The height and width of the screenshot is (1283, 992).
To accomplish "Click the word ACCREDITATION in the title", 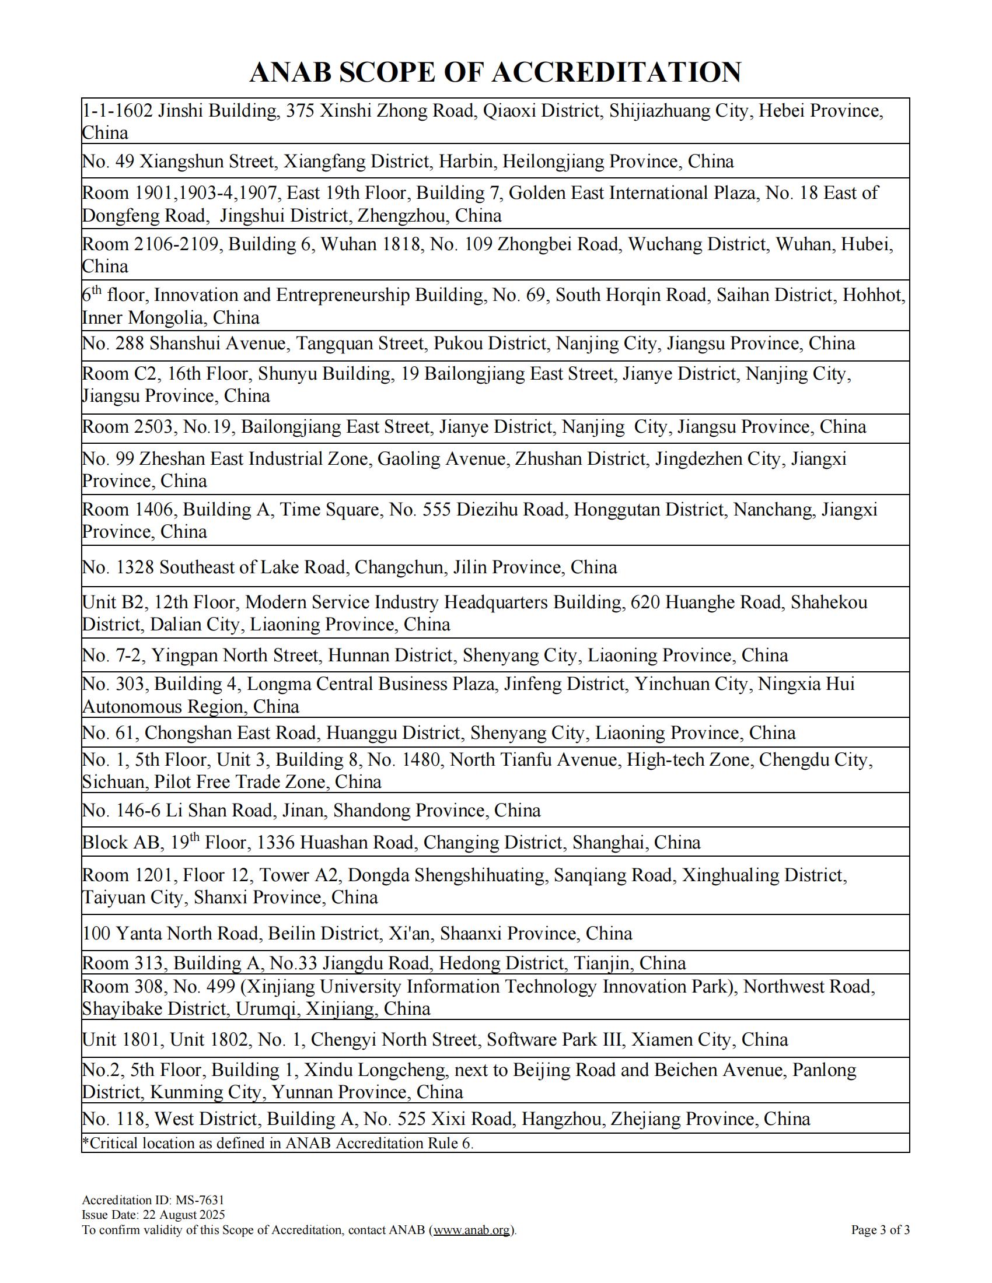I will (x=616, y=72).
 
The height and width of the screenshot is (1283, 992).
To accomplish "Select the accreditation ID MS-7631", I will (x=200, y=1200).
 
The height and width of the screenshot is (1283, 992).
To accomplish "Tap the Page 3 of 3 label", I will (x=881, y=1230).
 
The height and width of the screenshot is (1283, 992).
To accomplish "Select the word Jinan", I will (x=303, y=811).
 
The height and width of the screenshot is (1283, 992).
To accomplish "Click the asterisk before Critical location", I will (x=86, y=1142).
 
